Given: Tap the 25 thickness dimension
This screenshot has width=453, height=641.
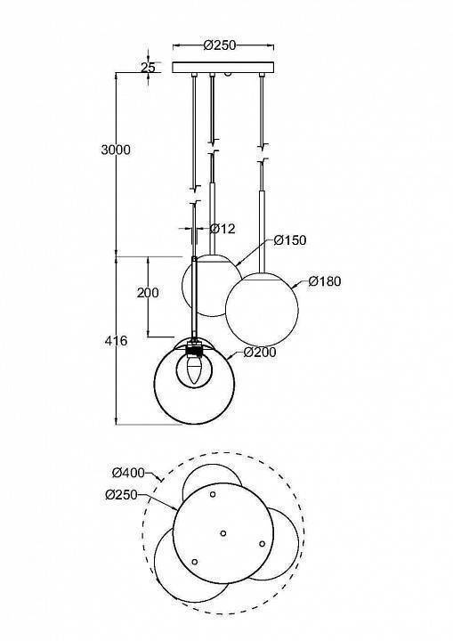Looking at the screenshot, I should [x=148, y=68].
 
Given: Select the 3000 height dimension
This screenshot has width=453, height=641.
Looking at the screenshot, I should [x=116, y=150].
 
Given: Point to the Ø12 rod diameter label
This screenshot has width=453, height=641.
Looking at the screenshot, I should [x=222, y=229].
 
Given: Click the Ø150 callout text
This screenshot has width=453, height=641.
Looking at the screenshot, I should [x=290, y=240].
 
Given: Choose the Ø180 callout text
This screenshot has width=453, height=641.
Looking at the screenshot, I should [x=325, y=281].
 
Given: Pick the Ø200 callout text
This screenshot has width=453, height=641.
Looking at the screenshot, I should [x=259, y=353].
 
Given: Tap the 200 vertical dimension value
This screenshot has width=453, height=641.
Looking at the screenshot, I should [x=149, y=293].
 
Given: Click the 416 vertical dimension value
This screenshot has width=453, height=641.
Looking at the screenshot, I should [x=116, y=341].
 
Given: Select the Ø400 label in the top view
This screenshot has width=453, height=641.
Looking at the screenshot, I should [x=129, y=472].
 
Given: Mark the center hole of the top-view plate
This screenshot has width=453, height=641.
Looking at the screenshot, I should [x=222, y=533].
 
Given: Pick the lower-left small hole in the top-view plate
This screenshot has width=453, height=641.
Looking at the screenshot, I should [x=195, y=562].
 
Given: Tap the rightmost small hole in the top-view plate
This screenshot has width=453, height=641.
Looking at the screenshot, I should [x=262, y=543].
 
